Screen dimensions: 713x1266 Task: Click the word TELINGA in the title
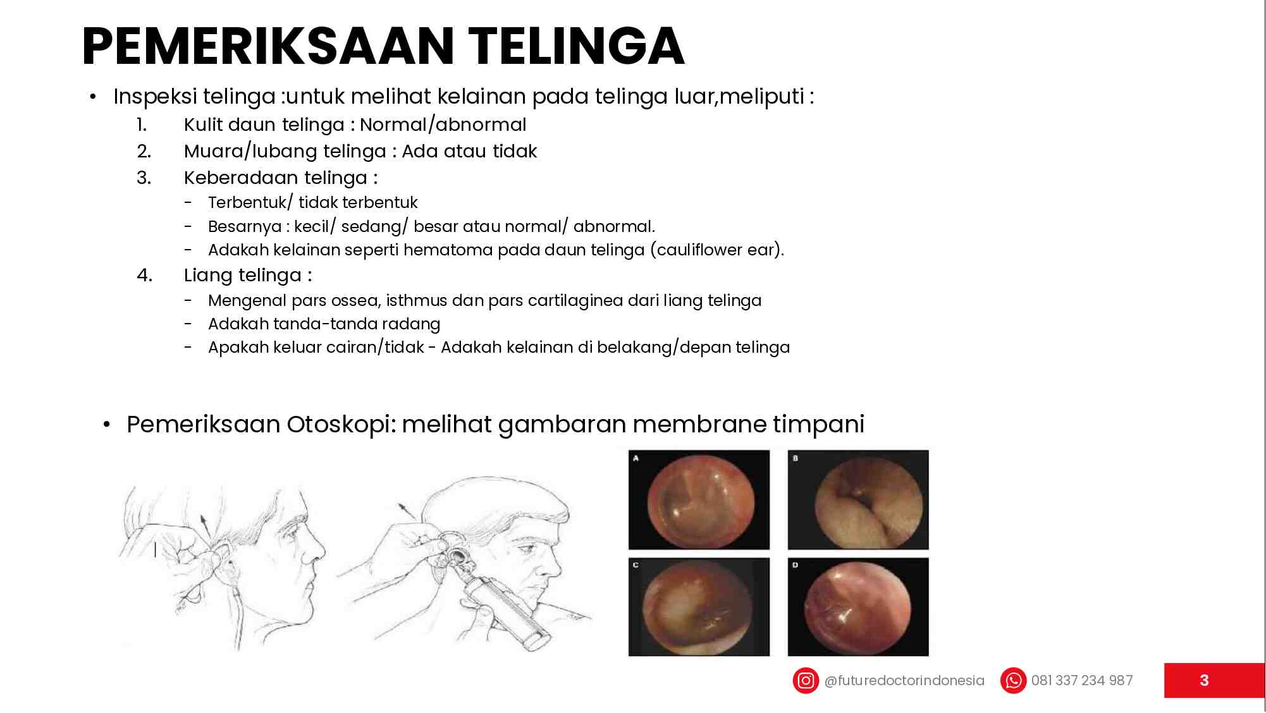[x=575, y=47]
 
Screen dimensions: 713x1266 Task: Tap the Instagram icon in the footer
[x=806, y=681]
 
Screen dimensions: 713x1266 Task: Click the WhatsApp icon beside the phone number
[x=1013, y=681]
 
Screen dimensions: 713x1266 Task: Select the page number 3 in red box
[x=1204, y=681]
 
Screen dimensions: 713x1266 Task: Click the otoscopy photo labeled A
[x=699, y=500]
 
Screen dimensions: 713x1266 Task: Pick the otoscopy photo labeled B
[x=858, y=500]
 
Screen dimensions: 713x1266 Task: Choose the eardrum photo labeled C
[x=699, y=607]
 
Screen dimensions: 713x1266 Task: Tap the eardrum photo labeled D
[x=858, y=607]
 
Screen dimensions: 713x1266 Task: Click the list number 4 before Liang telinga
[x=144, y=276]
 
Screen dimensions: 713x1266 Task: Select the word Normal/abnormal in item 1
[x=443, y=125]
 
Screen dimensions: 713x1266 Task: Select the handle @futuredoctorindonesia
[x=904, y=681]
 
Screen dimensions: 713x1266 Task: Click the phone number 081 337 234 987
[x=1081, y=681]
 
